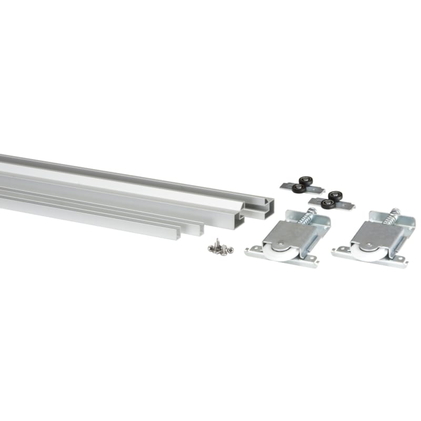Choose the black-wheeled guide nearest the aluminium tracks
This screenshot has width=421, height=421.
[x=298, y=185]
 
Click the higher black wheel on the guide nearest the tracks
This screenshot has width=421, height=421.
[x=305, y=180]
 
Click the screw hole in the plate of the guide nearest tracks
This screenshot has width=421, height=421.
[x=286, y=185]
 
